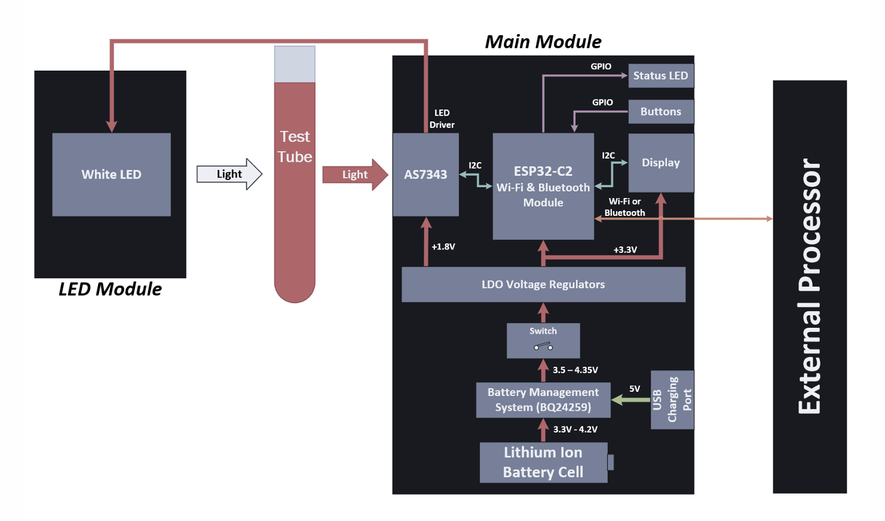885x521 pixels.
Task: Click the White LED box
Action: point(111,174)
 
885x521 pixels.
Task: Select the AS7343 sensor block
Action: point(425,174)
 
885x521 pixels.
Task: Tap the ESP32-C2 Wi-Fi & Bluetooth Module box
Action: point(543,186)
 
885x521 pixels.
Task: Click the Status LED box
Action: point(660,75)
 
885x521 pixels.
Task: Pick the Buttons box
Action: point(660,111)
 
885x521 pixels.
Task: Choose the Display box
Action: point(660,162)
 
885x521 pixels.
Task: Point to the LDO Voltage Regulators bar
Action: point(543,284)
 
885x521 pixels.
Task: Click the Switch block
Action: point(543,340)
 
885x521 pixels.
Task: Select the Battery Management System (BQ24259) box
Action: point(543,400)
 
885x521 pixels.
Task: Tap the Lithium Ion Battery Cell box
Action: point(543,462)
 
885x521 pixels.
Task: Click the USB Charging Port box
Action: point(672,400)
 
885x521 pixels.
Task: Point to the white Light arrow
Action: point(229,174)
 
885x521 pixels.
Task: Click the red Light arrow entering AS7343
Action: point(355,174)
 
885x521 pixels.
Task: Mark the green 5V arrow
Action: point(630,400)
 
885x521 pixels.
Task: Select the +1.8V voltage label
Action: point(443,246)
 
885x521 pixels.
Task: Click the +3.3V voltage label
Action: point(625,249)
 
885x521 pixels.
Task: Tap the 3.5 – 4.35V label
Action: point(575,370)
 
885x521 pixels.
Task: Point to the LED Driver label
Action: point(442,118)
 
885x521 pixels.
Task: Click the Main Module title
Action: point(543,41)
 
